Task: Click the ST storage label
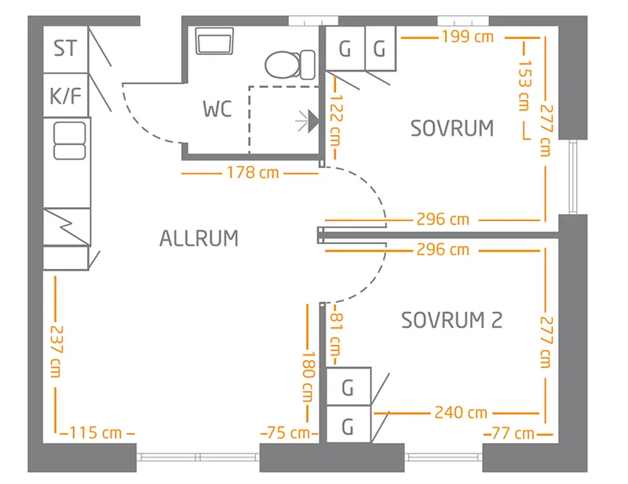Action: pyautogui.click(x=66, y=49)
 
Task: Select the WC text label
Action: pyautogui.click(x=217, y=109)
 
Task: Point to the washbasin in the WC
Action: pyautogui.click(x=215, y=42)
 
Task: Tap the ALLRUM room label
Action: pyautogui.click(x=199, y=238)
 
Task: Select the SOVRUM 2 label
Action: pyautogui.click(x=451, y=320)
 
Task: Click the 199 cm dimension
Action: pyautogui.click(x=467, y=36)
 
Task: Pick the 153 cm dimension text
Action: pyautogui.click(x=524, y=86)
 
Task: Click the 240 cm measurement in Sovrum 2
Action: pyautogui.click(x=462, y=412)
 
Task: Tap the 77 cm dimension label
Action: pyautogui.click(x=513, y=432)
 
